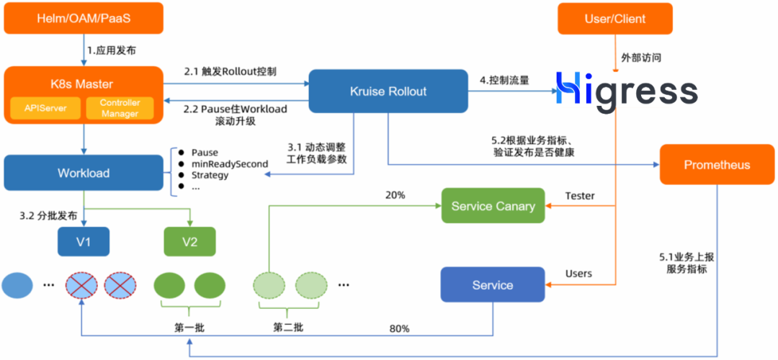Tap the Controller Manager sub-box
click(x=120, y=109)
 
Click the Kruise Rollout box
click(x=388, y=91)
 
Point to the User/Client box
click(x=614, y=18)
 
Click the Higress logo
click(x=626, y=93)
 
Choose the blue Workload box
click(x=84, y=173)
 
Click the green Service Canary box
click(x=493, y=207)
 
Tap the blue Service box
click(x=493, y=285)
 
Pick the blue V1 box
click(x=84, y=241)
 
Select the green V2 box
click(x=189, y=241)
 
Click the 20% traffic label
click(x=395, y=195)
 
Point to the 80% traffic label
click(x=399, y=328)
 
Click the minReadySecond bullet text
click(x=229, y=163)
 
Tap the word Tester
click(x=580, y=195)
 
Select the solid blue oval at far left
click(x=18, y=285)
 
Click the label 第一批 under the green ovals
click(x=189, y=328)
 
